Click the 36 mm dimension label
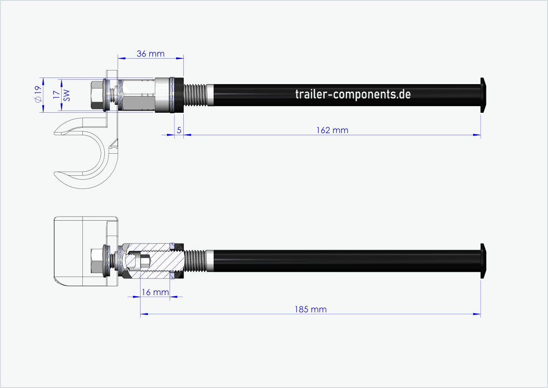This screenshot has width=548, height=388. tap(150, 54)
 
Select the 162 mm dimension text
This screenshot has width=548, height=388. tap(332, 130)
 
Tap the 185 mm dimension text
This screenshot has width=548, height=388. tap(311, 309)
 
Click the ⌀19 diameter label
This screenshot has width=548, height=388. tap(38, 94)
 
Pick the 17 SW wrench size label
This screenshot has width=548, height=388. tap(61, 95)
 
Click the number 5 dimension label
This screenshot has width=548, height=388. tap(179, 130)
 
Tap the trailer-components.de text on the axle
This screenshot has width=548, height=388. tap(353, 94)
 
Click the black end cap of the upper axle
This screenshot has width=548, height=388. tap(483, 95)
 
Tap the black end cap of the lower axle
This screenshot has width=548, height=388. tap(483, 261)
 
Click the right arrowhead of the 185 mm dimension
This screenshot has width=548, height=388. tap(478, 314)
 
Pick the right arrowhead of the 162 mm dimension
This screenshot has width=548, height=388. tap(478, 135)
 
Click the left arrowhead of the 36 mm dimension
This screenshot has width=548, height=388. tap(121, 58)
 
